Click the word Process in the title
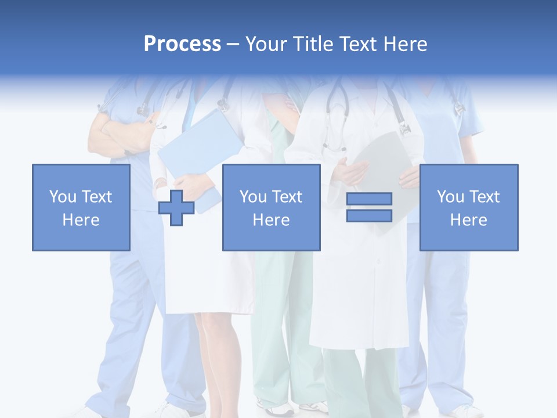point(182,44)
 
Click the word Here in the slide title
point(407,44)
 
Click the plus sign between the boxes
point(176,208)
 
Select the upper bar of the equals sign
point(369,199)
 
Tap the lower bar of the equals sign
point(369,216)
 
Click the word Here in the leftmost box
point(81,220)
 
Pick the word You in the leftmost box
point(62,197)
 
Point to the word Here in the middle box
point(271,220)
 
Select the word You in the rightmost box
point(450,197)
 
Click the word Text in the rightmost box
point(484,197)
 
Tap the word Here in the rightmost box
point(468,220)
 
